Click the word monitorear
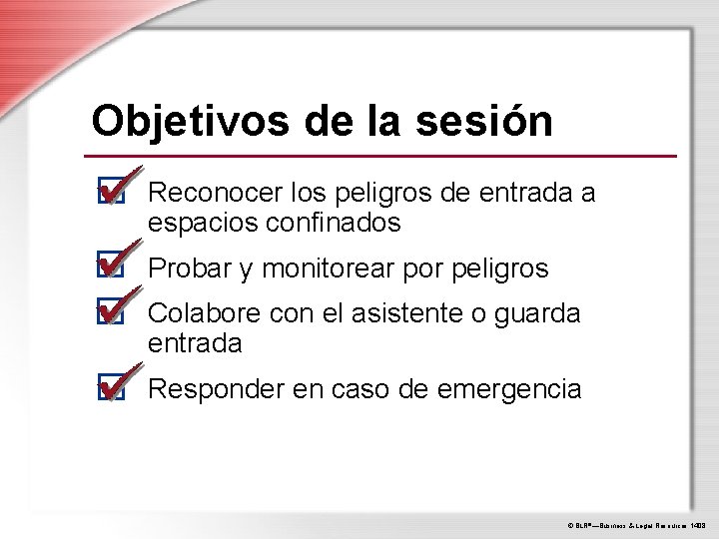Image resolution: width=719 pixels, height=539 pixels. click(x=329, y=269)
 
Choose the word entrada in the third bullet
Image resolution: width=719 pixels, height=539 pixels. click(x=195, y=344)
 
